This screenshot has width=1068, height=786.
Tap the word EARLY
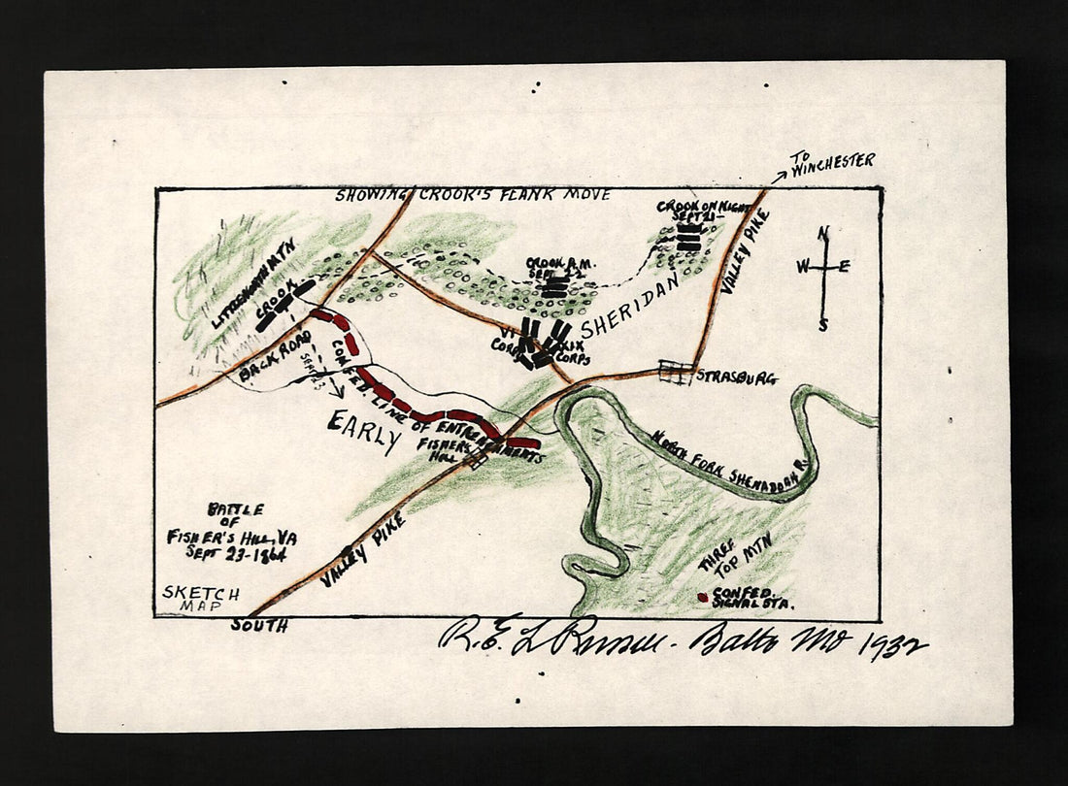coord(365,431)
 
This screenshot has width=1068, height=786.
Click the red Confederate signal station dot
coord(702,597)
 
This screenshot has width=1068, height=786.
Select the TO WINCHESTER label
coord(831,164)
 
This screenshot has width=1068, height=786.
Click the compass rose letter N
coord(823,233)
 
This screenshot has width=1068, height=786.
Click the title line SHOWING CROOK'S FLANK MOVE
coord(473,195)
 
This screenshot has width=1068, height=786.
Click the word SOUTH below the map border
coord(258,626)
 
